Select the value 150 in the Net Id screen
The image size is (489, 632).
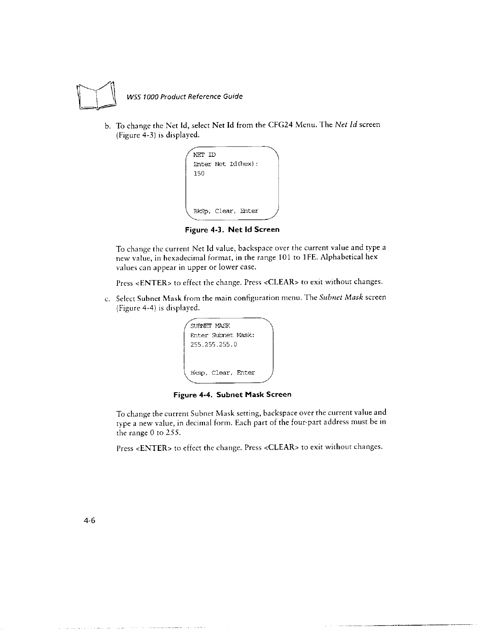click(199, 174)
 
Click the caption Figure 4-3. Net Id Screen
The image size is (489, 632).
click(232, 230)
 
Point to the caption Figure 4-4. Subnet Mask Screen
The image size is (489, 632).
click(232, 395)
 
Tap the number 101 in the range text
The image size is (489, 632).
click(284, 258)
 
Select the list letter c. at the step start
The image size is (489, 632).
click(107, 298)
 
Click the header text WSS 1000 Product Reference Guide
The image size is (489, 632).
click(184, 97)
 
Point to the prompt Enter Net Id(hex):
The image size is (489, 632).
click(225, 164)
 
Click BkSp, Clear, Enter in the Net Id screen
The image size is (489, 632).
click(226, 211)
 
